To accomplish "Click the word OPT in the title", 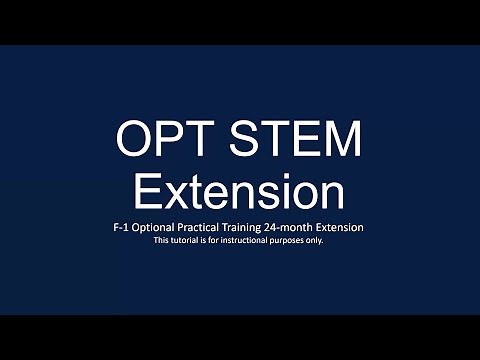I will click(x=164, y=139).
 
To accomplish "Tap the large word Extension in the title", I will click(x=240, y=190).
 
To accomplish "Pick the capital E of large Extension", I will click(x=147, y=190).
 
